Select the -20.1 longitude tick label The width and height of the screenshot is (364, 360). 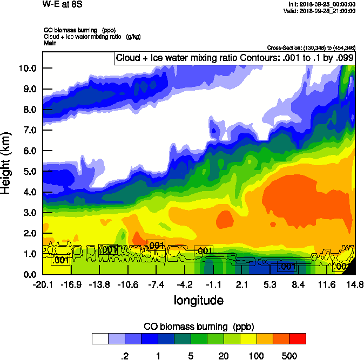tap(42, 284)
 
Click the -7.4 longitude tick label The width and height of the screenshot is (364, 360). tap(157, 284)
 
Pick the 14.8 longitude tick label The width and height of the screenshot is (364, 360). tap(355, 284)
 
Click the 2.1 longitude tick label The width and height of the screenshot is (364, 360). tap(242, 284)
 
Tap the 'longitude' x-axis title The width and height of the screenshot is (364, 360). tap(198, 300)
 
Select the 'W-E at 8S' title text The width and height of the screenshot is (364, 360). tap(60, 5)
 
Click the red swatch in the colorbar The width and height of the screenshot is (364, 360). tap(298, 338)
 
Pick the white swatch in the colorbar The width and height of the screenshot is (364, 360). tap(100, 338)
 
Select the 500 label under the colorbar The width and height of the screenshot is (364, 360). tap(289, 356)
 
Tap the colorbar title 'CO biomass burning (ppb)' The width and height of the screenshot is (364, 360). tap(198, 327)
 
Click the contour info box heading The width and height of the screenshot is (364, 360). tap(234, 57)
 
